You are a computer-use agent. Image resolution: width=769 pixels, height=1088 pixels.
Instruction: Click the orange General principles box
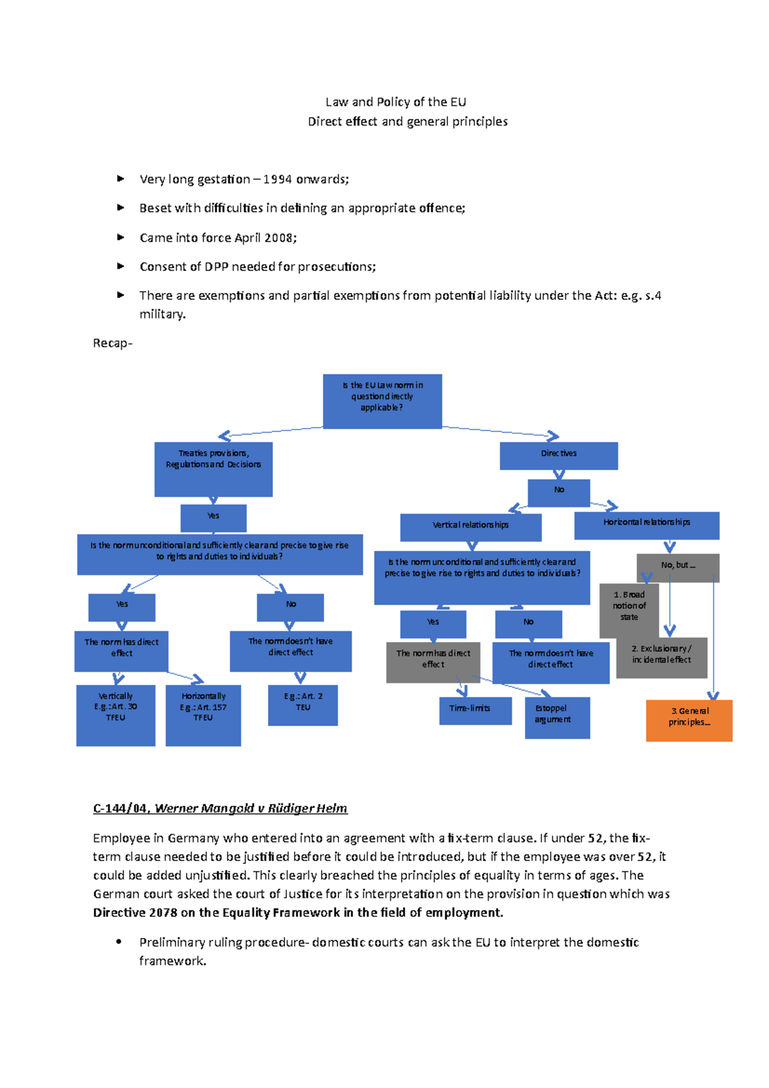coord(689,720)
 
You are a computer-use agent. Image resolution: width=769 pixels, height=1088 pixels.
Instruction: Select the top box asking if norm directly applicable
coord(382,401)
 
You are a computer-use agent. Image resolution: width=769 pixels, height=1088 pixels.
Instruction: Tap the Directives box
coord(559,456)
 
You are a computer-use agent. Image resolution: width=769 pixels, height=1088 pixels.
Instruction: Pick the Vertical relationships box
coord(470,527)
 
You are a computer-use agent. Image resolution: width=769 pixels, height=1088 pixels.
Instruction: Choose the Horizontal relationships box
coord(647,525)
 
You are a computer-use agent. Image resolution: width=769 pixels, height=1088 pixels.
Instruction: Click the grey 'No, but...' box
coord(678,566)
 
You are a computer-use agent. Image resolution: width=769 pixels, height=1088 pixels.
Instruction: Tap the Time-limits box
coord(475,711)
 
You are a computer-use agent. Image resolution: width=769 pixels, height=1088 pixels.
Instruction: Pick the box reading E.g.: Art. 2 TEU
coord(302,705)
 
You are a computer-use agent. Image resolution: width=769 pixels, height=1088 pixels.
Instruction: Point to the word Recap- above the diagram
coord(113,343)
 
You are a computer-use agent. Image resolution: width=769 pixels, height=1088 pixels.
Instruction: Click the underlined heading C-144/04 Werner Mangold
coord(220,809)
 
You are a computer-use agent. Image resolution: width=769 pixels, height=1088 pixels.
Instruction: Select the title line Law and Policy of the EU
coord(395,102)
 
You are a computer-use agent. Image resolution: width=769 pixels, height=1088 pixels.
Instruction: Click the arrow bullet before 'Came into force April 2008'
coord(120,237)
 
